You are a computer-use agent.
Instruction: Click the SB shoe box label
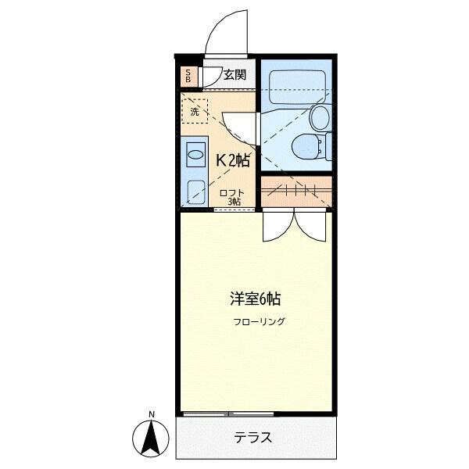(x=188, y=77)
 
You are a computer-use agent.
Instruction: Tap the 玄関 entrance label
(x=234, y=76)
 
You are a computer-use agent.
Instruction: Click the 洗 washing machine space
(x=195, y=111)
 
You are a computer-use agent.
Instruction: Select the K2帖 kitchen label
(x=232, y=160)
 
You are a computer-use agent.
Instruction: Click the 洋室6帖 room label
(x=255, y=299)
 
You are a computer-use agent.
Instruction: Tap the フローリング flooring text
(x=259, y=321)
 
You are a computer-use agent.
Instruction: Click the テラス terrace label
(x=253, y=438)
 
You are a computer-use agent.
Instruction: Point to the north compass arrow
(x=151, y=438)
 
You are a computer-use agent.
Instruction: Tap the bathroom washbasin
(x=320, y=117)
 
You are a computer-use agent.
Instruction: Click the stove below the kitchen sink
(x=195, y=189)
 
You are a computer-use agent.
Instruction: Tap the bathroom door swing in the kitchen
(x=238, y=128)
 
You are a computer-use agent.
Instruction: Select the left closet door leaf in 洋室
(x=277, y=227)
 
